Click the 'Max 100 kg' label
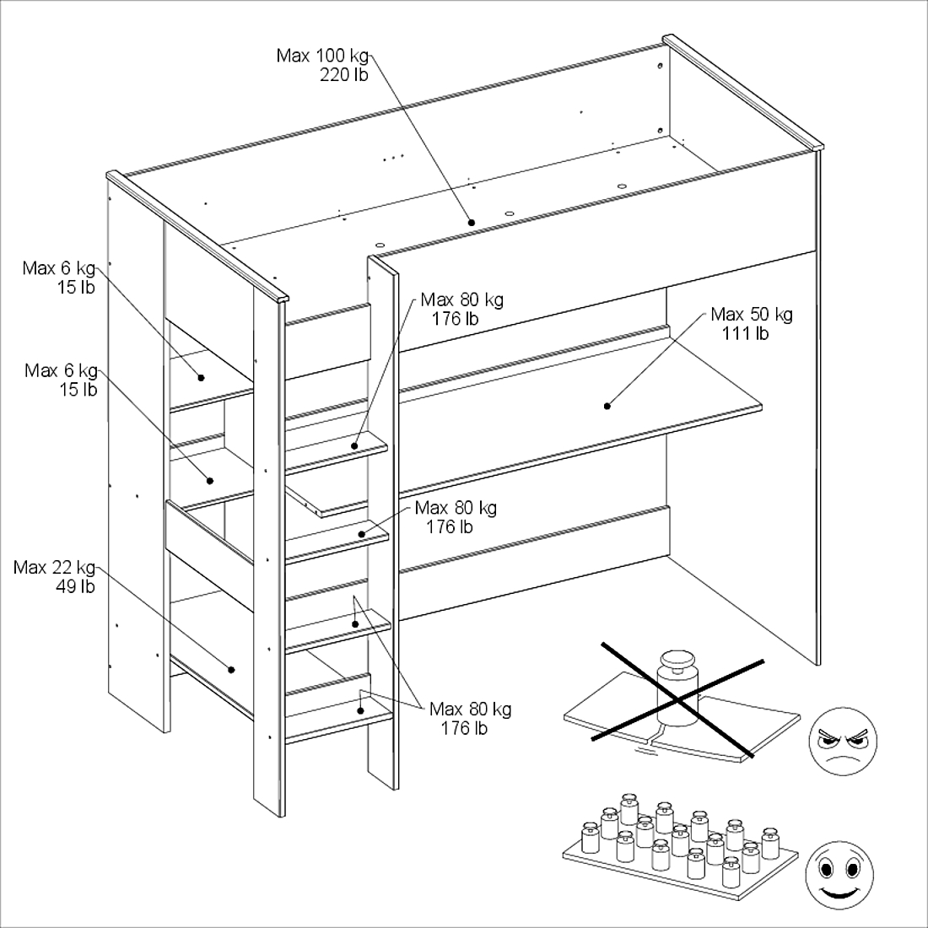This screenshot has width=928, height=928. click(322, 57)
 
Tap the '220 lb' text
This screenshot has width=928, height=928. click(344, 75)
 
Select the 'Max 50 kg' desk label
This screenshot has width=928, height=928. click(752, 315)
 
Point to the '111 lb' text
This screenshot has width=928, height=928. click(745, 334)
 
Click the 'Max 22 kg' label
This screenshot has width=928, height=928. click(55, 568)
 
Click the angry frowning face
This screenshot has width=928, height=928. click(843, 742)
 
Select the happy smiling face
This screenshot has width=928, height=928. click(839, 875)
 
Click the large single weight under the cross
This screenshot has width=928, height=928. click(677, 688)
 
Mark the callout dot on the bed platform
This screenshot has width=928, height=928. click(472, 223)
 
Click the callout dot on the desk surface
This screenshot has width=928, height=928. click(607, 406)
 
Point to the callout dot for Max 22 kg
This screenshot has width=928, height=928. click(231, 670)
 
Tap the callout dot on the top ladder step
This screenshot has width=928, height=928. click(355, 445)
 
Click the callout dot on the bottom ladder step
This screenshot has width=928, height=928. click(360, 710)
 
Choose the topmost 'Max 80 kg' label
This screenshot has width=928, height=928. click(462, 300)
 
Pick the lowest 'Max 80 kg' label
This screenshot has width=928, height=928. click(471, 709)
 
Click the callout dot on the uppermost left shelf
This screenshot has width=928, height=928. click(202, 378)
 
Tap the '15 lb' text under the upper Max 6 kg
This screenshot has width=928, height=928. click(76, 287)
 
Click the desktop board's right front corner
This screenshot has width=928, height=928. click(762, 407)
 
